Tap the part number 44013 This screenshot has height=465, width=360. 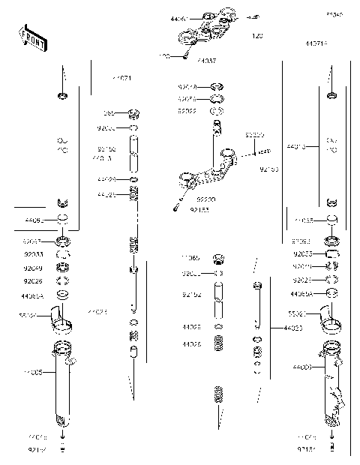click(x=297, y=147)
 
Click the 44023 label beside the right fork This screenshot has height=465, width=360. click(x=294, y=328)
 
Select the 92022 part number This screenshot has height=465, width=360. click(x=187, y=110)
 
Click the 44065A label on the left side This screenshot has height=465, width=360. click(x=34, y=296)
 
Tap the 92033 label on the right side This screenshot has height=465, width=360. click(x=302, y=254)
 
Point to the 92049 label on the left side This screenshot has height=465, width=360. click(x=33, y=268)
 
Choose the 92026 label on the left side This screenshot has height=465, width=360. click(x=33, y=281)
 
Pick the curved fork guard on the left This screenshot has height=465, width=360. click(x=61, y=320)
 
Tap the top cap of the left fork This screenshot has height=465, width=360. click(x=62, y=95)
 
